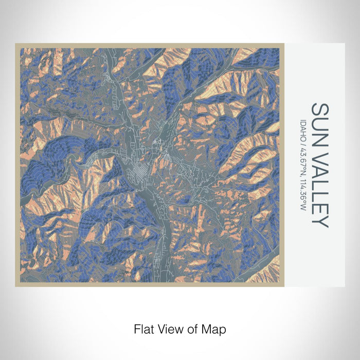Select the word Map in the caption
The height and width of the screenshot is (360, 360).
coord(215,328)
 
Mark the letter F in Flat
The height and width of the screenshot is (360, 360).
coord(136,328)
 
